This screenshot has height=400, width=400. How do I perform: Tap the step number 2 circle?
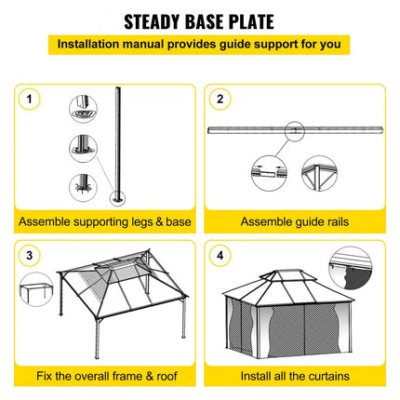(220, 99)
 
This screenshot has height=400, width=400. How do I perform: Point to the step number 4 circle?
(220, 254)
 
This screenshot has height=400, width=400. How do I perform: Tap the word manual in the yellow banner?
(154, 44)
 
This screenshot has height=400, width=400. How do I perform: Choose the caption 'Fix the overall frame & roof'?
(106, 376)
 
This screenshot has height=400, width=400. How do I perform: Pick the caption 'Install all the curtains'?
(294, 376)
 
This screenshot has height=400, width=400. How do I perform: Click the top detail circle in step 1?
(83, 108)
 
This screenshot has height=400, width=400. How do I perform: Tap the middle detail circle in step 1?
(83, 145)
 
